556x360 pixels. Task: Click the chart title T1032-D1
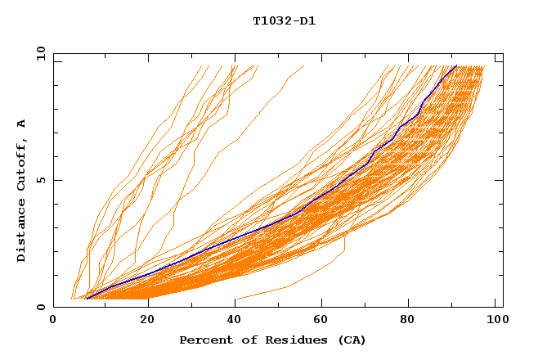(285, 20)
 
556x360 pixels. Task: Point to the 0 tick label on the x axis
(53, 321)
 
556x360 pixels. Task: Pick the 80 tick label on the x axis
(412, 321)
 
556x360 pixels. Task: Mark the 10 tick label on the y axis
(38, 53)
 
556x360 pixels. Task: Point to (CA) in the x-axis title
(352, 340)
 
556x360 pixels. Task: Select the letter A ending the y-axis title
(22, 123)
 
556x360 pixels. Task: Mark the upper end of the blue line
(456, 66)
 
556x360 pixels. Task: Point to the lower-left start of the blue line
(86, 299)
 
